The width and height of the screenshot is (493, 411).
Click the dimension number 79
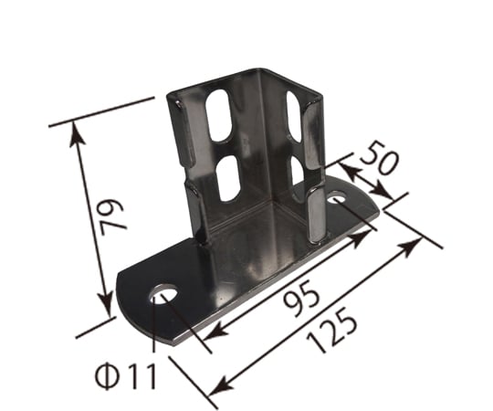point(112,217)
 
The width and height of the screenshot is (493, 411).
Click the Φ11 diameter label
point(126,375)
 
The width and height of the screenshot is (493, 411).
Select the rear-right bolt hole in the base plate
point(337,199)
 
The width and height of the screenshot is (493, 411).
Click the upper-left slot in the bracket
point(218,115)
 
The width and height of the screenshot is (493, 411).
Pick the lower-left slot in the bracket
point(229,178)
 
